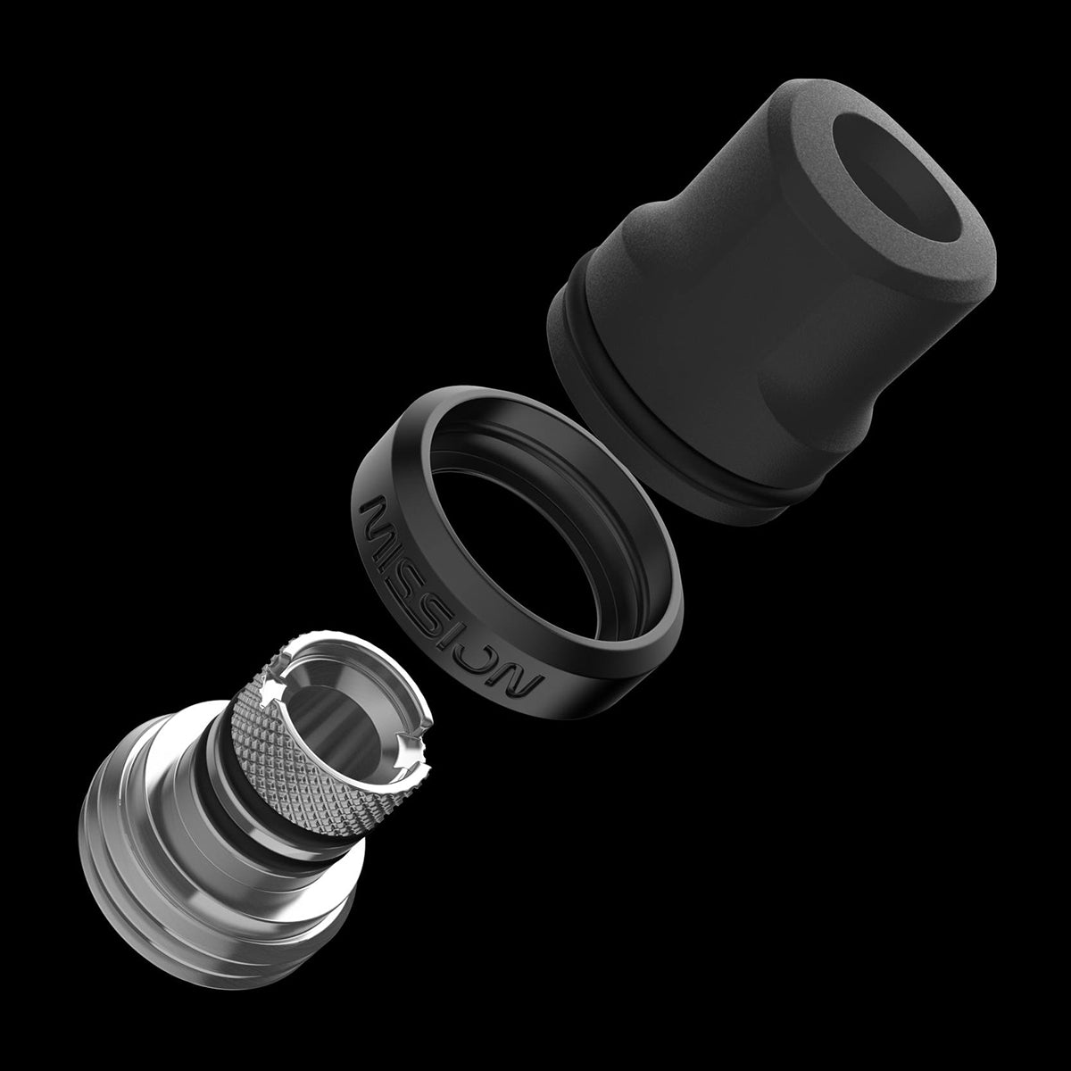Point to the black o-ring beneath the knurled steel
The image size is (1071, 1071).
click(x=241, y=785)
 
